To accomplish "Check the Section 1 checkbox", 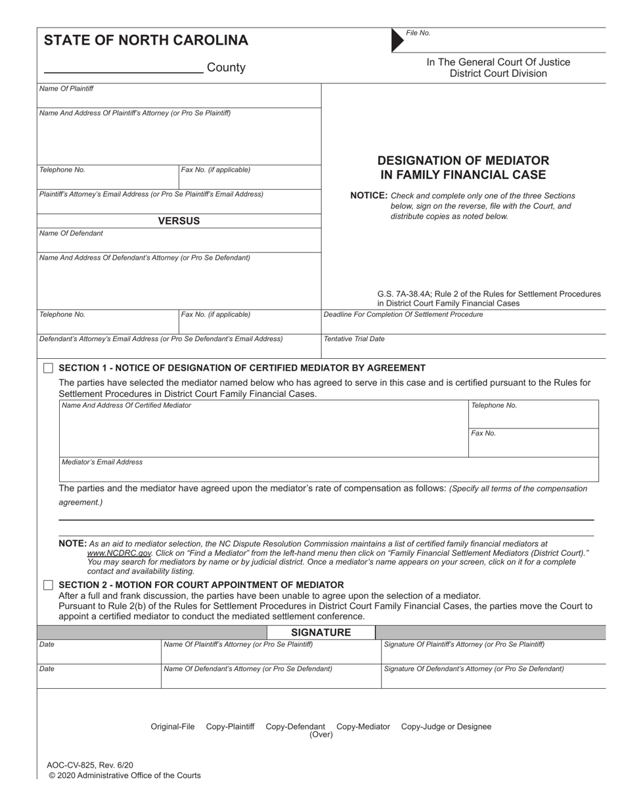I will point(48,368).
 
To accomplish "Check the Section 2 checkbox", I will point(48,585).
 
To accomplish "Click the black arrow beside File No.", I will point(397,40).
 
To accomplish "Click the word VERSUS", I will point(179,221).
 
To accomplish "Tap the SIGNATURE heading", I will point(321,632).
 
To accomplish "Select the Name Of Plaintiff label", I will point(66,89).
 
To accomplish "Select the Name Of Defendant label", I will point(71,233).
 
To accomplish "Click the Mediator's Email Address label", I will point(102,462).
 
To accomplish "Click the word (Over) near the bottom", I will point(321,735).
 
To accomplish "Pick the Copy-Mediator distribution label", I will point(363,726).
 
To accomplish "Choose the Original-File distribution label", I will point(173,726).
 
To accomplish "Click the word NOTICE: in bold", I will point(369,196).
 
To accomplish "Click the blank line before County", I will point(123,71).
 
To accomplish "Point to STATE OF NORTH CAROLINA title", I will point(146,41).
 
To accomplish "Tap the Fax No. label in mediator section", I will point(483,434).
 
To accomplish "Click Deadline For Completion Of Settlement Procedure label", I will point(403,314).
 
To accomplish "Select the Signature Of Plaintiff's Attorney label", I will point(464,644).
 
